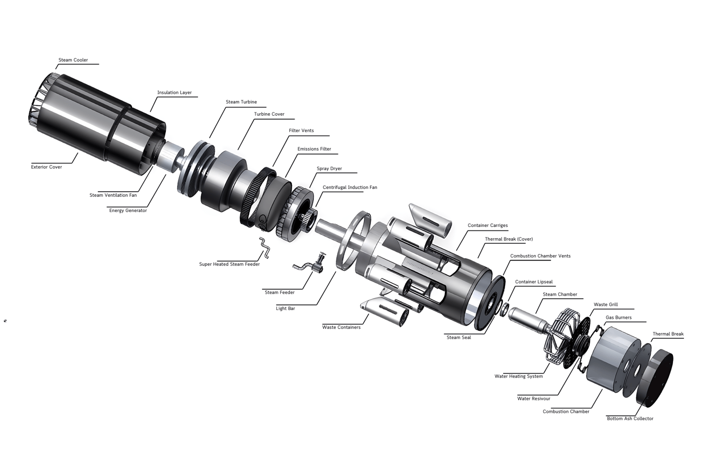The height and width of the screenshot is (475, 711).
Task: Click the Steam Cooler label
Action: coord(73,60)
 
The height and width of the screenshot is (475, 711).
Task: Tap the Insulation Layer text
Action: coord(175,93)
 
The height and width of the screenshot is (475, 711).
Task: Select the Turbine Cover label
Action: coord(269,114)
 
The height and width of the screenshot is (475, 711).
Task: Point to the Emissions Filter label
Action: coord(314,149)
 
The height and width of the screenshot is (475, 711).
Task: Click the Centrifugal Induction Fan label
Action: coord(350,187)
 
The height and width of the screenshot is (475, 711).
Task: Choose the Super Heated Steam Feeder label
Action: coord(230,264)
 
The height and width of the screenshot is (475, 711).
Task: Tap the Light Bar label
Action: coord(285,308)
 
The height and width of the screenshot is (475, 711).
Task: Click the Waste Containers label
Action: coord(341,327)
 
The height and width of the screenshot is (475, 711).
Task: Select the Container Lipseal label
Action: coord(534,282)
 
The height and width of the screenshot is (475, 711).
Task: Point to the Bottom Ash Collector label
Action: coord(630,419)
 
